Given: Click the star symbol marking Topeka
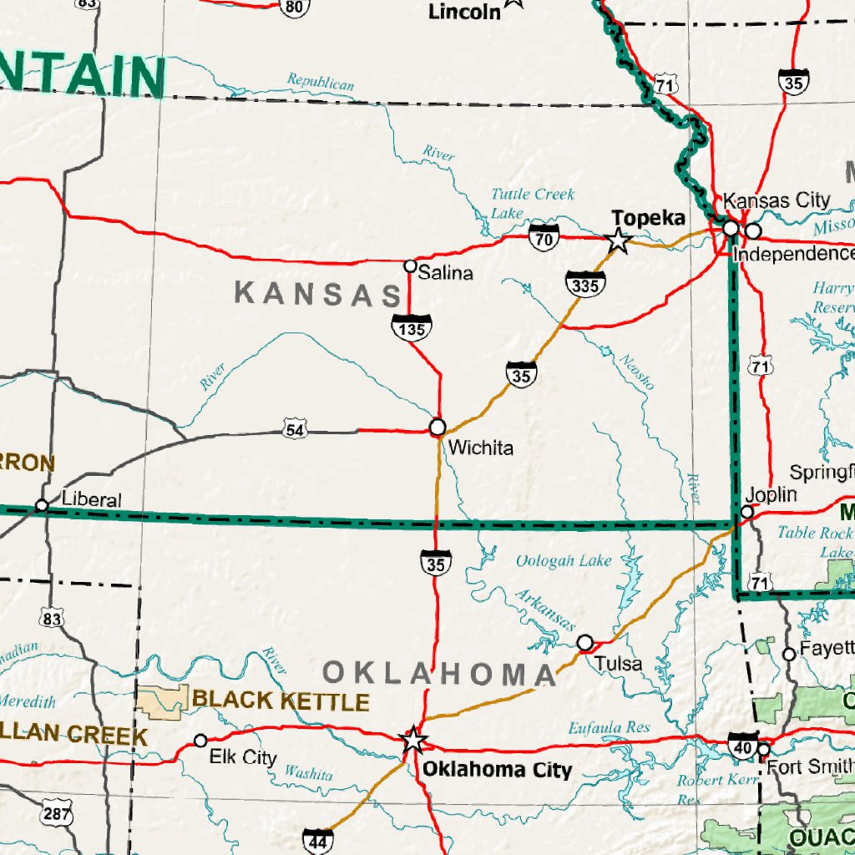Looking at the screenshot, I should pyautogui.click(x=617, y=241).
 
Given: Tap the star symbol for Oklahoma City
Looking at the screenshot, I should pyautogui.click(x=413, y=740).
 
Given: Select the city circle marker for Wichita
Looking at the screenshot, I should pyautogui.click(x=438, y=427).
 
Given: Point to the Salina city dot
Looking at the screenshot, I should pyautogui.click(x=410, y=266).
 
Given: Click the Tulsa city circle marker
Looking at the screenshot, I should pyautogui.click(x=586, y=642).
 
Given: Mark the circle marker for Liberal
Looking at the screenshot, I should pyautogui.click(x=42, y=505).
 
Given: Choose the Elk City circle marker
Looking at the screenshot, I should pyautogui.click(x=200, y=741).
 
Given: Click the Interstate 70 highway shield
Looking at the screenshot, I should pyautogui.click(x=544, y=238).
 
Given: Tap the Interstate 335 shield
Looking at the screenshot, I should pyautogui.click(x=584, y=284).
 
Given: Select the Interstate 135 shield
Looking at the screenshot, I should pyautogui.click(x=412, y=326).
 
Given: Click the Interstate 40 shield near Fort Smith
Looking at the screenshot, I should pyautogui.click(x=742, y=746).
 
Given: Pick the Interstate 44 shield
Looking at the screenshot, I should pyautogui.click(x=318, y=842).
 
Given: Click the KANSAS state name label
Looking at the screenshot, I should pyautogui.click(x=318, y=294).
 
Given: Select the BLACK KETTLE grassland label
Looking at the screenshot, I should pyautogui.click(x=281, y=701).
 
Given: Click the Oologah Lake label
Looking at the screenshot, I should pyautogui.click(x=563, y=561).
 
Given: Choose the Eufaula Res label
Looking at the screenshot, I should pyautogui.click(x=609, y=728).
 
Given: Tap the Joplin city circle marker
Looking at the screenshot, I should pyautogui.click(x=748, y=512).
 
